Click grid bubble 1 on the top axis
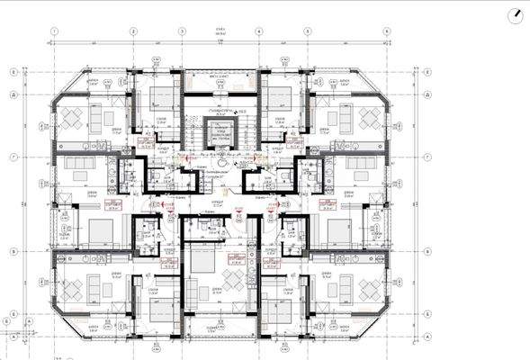tap(55, 30)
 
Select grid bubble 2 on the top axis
tap(131, 30)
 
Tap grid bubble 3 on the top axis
tap(183, 30)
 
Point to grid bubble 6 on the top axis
tap(386, 30)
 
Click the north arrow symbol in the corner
tap(515, 15)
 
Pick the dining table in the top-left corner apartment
tap(71, 118)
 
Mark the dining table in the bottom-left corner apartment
tap(72, 288)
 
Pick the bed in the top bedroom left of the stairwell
tap(162, 97)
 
